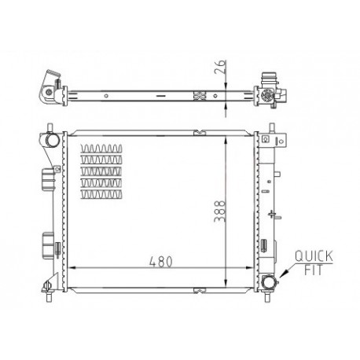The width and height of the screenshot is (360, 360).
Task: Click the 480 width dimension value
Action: click(x=161, y=261)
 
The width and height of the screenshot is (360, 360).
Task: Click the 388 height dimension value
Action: click(x=219, y=211)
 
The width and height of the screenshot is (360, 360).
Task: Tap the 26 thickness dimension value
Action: click(x=220, y=67)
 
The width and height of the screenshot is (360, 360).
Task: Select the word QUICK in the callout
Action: click(x=314, y=256)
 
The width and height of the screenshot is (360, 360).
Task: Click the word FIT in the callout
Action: click(x=314, y=270)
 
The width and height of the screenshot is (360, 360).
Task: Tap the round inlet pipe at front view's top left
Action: click(x=53, y=140)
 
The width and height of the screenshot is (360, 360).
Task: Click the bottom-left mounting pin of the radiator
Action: click(x=49, y=296)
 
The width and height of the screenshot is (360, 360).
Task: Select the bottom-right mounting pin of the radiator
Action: click(x=266, y=297)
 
